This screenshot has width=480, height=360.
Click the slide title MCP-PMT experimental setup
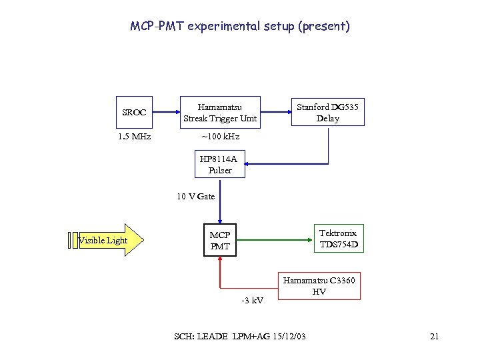tap(239, 27)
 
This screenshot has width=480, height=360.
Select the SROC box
tap(134, 113)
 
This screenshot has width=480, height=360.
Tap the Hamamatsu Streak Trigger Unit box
tap(220, 113)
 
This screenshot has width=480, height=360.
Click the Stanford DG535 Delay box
tap(327, 113)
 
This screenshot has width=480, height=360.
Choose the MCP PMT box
tap(220, 241)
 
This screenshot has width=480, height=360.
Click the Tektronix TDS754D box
tap(338, 239)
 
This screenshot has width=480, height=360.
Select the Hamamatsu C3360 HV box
tap(319, 287)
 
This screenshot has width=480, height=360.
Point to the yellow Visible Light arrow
tap(107, 240)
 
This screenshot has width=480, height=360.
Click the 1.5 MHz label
tap(134, 137)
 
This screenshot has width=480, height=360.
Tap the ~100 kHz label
tap(220, 137)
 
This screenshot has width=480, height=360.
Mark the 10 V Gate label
tap(196, 196)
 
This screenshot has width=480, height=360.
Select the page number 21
tap(434, 337)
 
